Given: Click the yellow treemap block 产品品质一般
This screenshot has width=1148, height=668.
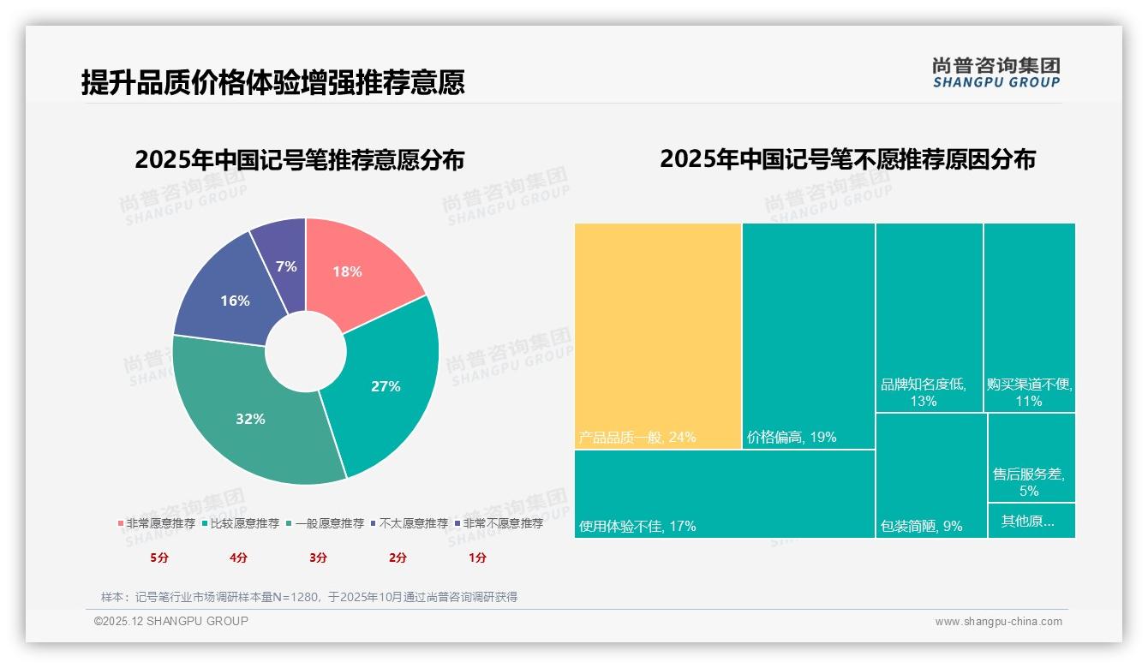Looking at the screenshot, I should point(657,334).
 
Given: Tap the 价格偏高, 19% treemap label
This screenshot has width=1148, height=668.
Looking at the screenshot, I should point(792,438).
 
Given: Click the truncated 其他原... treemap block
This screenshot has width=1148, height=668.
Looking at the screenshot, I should point(1031,521).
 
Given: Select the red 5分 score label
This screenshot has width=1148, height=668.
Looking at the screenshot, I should point(159,558).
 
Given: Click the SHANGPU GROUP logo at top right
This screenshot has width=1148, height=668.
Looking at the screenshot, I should point(996,73).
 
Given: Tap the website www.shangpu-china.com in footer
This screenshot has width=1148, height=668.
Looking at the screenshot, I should point(998,622).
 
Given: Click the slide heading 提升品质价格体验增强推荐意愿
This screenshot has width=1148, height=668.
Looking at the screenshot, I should point(272,82).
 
